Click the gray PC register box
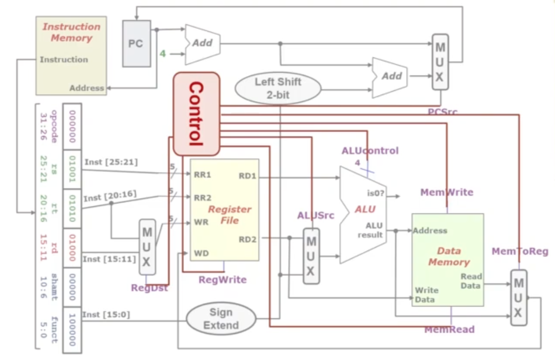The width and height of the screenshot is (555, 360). (x=136, y=43)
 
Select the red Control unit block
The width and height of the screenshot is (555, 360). (x=196, y=114)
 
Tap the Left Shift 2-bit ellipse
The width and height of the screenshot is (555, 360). (x=278, y=88)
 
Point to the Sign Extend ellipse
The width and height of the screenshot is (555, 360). (x=221, y=319)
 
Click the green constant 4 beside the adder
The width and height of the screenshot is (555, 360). (x=163, y=52)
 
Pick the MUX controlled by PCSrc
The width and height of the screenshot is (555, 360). (x=440, y=62)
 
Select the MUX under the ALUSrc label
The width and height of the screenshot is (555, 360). (x=311, y=256)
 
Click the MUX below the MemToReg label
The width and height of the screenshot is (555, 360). (x=518, y=297)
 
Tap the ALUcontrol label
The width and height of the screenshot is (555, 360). (x=370, y=151)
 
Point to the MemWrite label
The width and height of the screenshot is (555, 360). (x=447, y=192)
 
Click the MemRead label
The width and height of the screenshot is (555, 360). (x=449, y=330)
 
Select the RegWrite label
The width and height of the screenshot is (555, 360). (x=223, y=280)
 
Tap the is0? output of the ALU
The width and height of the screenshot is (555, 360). (x=376, y=193)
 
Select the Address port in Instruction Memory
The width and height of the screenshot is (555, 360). (x=87, y=88)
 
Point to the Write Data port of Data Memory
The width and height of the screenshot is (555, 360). (x=427, y=295)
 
